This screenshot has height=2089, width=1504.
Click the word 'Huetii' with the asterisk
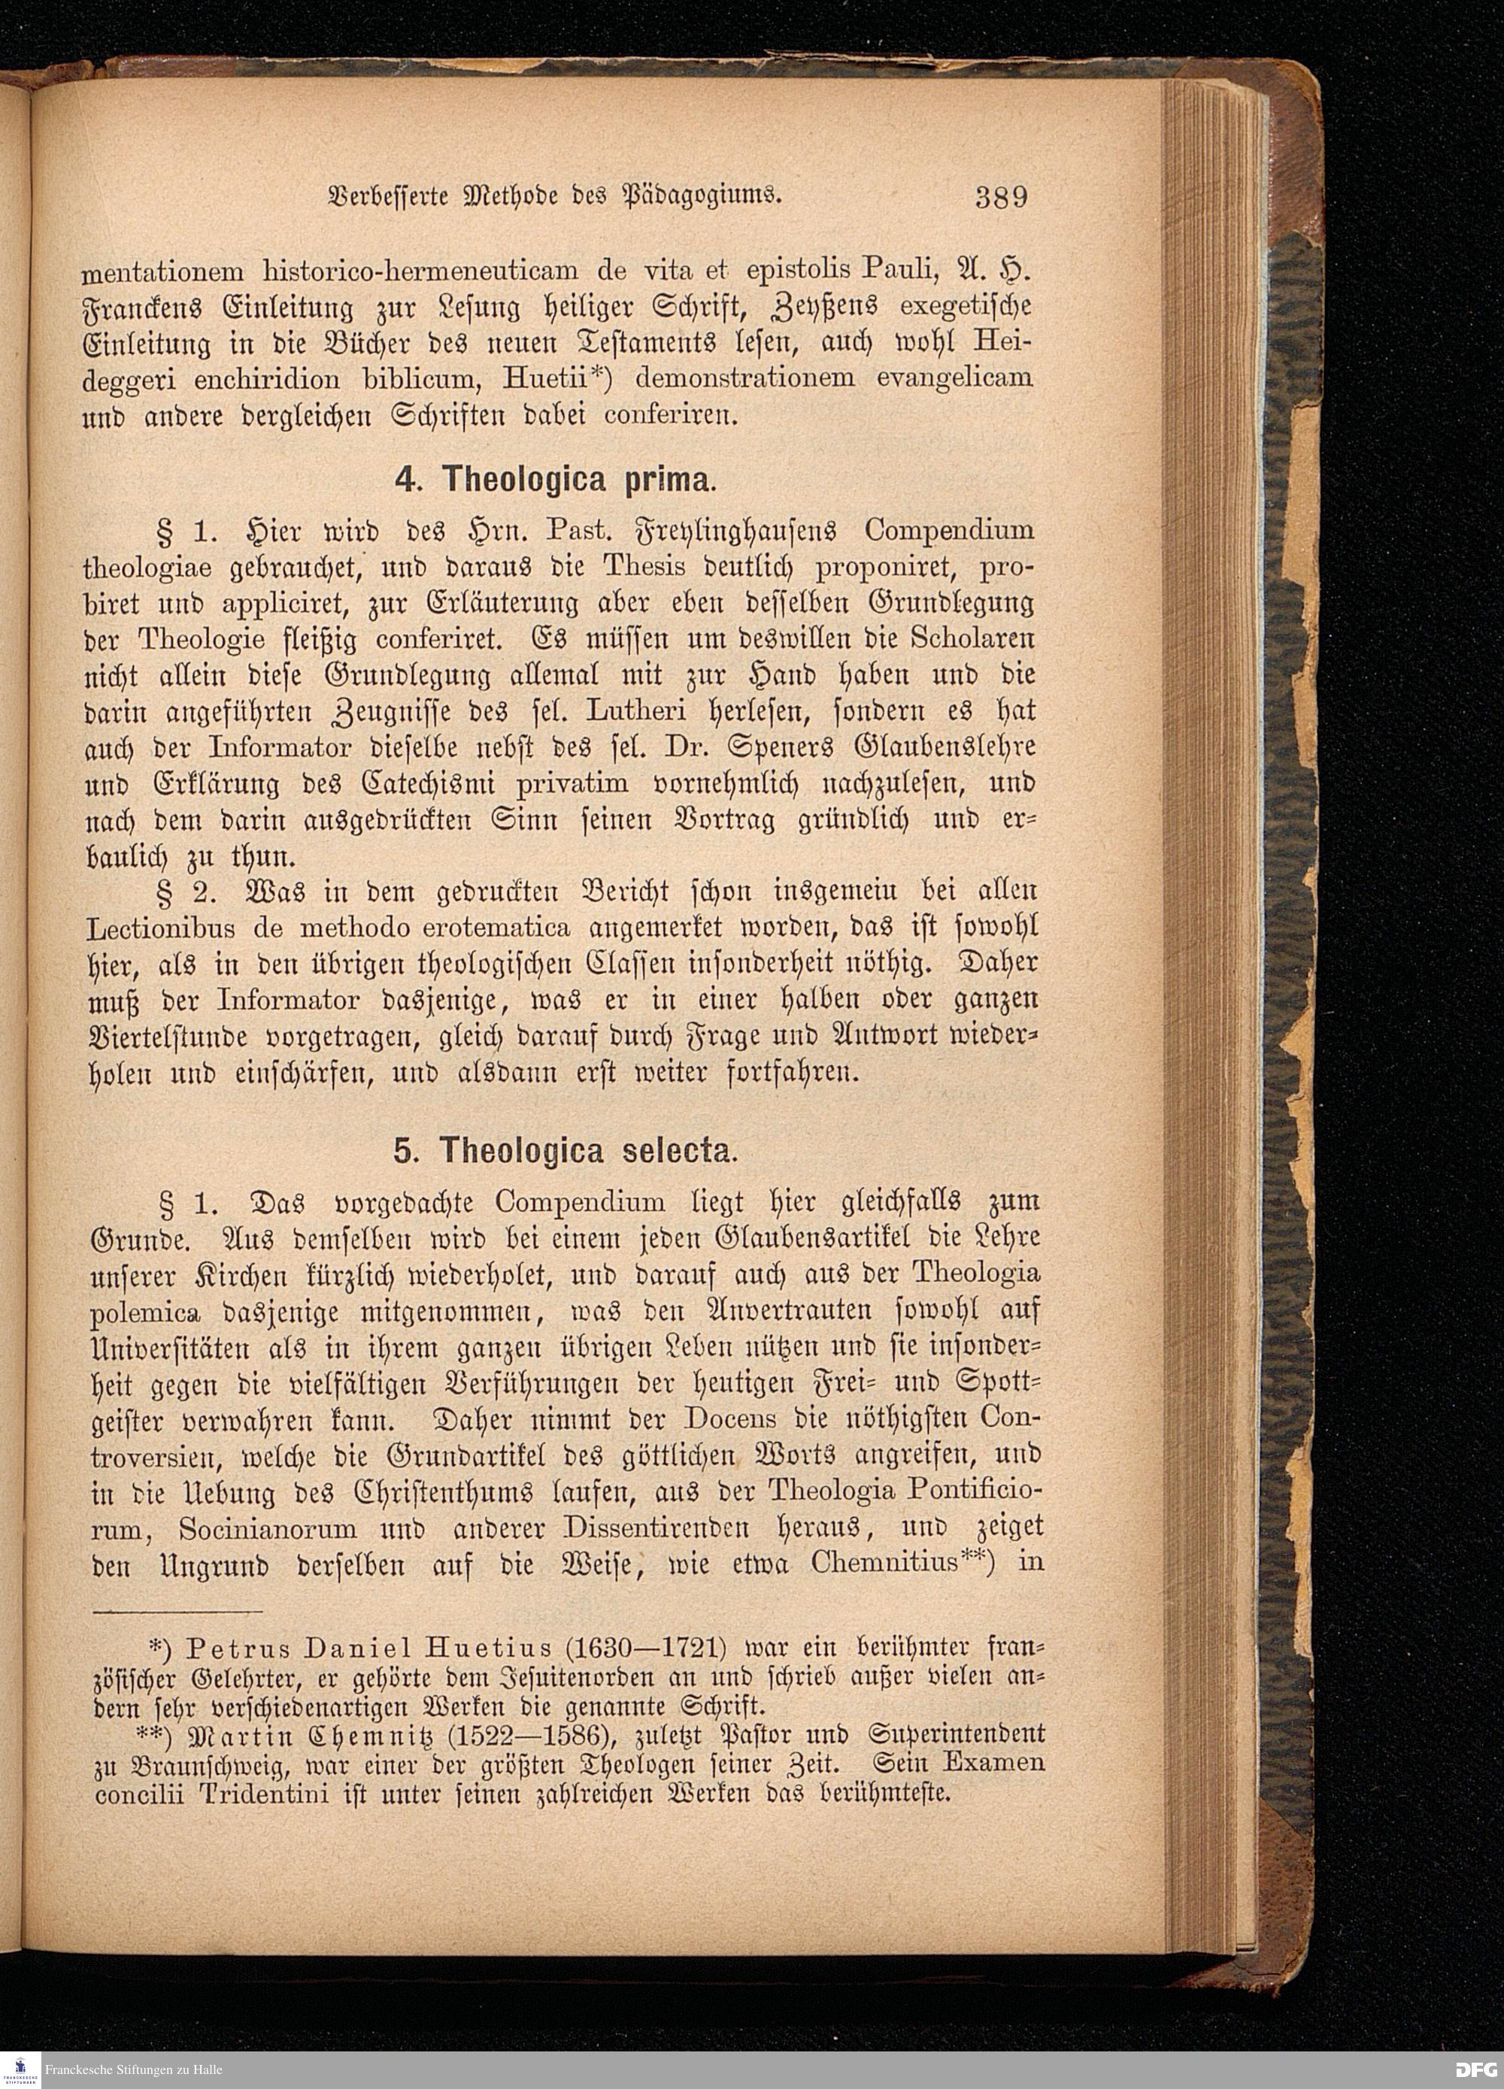click(549, 377)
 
